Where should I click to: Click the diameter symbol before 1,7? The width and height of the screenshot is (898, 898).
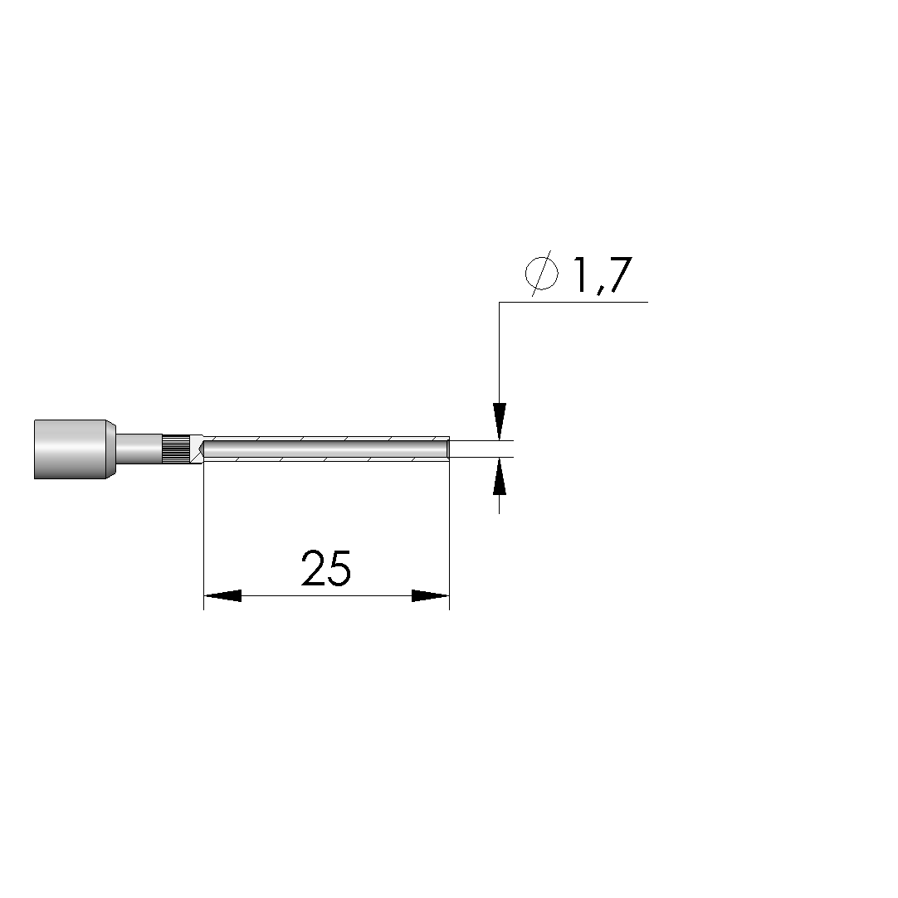pyautogui.click(x=542, y=273)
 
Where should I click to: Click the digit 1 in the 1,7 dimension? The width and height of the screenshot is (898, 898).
pyautogui.click(x=582, y=275)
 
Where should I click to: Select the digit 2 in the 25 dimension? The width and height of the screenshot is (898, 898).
pyautogui.click(x=313, y=568)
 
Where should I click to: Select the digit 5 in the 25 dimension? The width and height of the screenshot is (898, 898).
pyautogui.click(x=339, y=568)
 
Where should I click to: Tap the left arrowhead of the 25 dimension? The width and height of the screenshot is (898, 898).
pyautogui.click(x=222, y=595)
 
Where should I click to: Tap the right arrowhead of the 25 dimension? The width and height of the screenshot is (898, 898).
pyautogui.click(x=431, y=595)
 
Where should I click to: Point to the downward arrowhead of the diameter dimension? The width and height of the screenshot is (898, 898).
pyautogui.click(x=499, y=421)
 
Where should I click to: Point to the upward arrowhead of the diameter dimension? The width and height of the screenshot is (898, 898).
pyautogui.click(x=499, y=476)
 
